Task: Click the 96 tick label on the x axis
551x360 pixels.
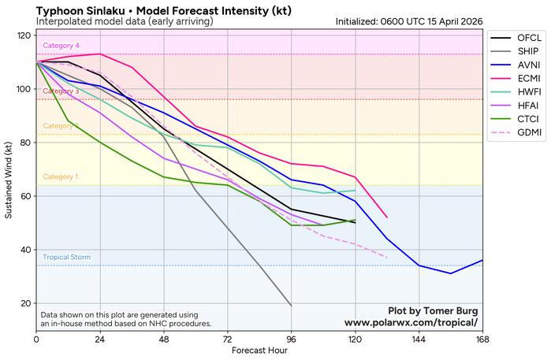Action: coord(291,339)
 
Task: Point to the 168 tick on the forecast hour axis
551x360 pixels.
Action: coord(482,339)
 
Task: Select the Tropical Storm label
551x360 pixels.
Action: coord(66,258)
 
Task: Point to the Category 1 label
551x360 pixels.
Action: coord(60,177)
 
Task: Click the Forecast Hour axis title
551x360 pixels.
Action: coord(259,351)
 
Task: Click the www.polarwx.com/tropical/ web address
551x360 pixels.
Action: coord(410,323)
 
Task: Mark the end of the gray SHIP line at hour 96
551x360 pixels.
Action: coord(291,306)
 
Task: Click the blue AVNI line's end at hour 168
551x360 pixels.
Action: coord(482,260)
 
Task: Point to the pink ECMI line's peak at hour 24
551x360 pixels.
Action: coord(100,54)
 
